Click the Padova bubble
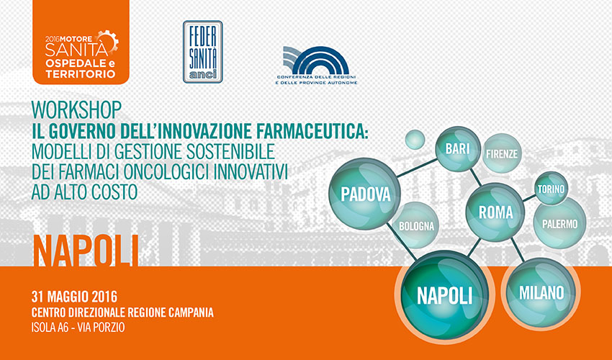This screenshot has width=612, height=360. (x=365, y=194)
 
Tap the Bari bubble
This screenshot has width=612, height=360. (x=458, y=149)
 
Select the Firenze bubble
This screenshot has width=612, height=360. (x=502, y=153)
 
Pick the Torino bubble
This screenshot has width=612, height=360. (x=551, y=189)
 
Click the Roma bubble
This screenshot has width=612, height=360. (x=495, y=212)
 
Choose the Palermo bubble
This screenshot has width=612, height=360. (x=559, y=223)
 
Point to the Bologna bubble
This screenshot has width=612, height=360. (x=416, y=225)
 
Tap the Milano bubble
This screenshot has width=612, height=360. (x=541, y=292)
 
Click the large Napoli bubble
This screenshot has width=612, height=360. (x=444, y=295)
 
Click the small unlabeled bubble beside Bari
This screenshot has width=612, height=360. (x=415, y=140)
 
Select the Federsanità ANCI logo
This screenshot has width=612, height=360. (x=202, y=52)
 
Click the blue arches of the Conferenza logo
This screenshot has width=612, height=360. (x=316, y=60)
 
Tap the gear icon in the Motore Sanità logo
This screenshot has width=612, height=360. (x=109, y=40)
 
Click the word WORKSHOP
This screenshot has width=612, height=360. (x=76, y=110)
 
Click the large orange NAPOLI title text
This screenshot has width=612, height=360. (x=86, y=251)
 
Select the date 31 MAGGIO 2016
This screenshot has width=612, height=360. (x=74, y=297)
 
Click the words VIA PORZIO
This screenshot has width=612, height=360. (x=101, y=327)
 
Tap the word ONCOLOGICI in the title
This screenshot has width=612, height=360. (x=197, y=171)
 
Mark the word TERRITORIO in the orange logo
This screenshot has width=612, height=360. (x=81, y=73)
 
